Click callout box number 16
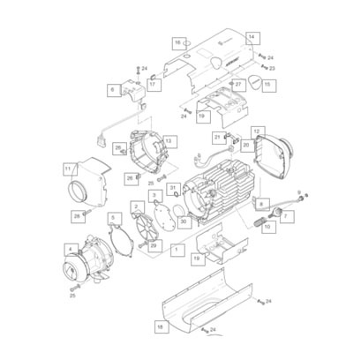click(177, 42)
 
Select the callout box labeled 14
click(252, 37)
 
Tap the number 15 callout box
click(268, 85)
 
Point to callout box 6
click(113, 90)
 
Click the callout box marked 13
click(169, 140)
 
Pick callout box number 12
click(257, 131)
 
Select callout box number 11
click(69, 168)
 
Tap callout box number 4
click(71, 249)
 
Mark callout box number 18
click(160, 326)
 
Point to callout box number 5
click(112, 217)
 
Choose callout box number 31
click(174, 187)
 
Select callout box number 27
click(238, 84)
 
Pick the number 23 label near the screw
click(272, 67)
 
